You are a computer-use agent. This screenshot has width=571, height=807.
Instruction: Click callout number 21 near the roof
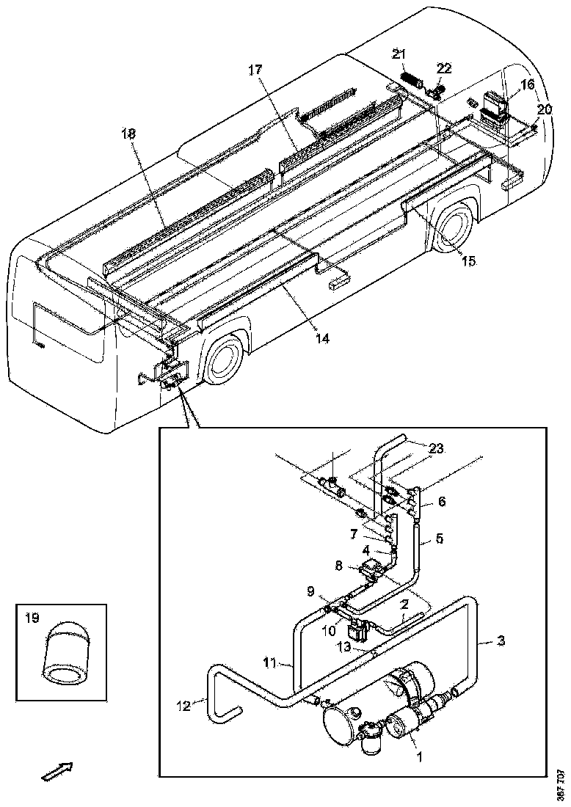(x=399, y=54)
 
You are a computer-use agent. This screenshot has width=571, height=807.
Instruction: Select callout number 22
(x=445, y=68)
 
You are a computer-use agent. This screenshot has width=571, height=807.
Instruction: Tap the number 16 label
(x=528, y=85)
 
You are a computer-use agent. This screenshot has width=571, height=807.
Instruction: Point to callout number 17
(x=255, y=71)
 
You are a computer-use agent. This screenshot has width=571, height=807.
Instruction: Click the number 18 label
(x=129, y=134)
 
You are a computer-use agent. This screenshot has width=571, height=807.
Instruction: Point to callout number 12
(x=183, y=706)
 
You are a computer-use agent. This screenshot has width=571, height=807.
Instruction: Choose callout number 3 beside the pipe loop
(x=501, y=642)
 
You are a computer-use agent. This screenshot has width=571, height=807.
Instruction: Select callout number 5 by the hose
(x=439, y=538)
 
